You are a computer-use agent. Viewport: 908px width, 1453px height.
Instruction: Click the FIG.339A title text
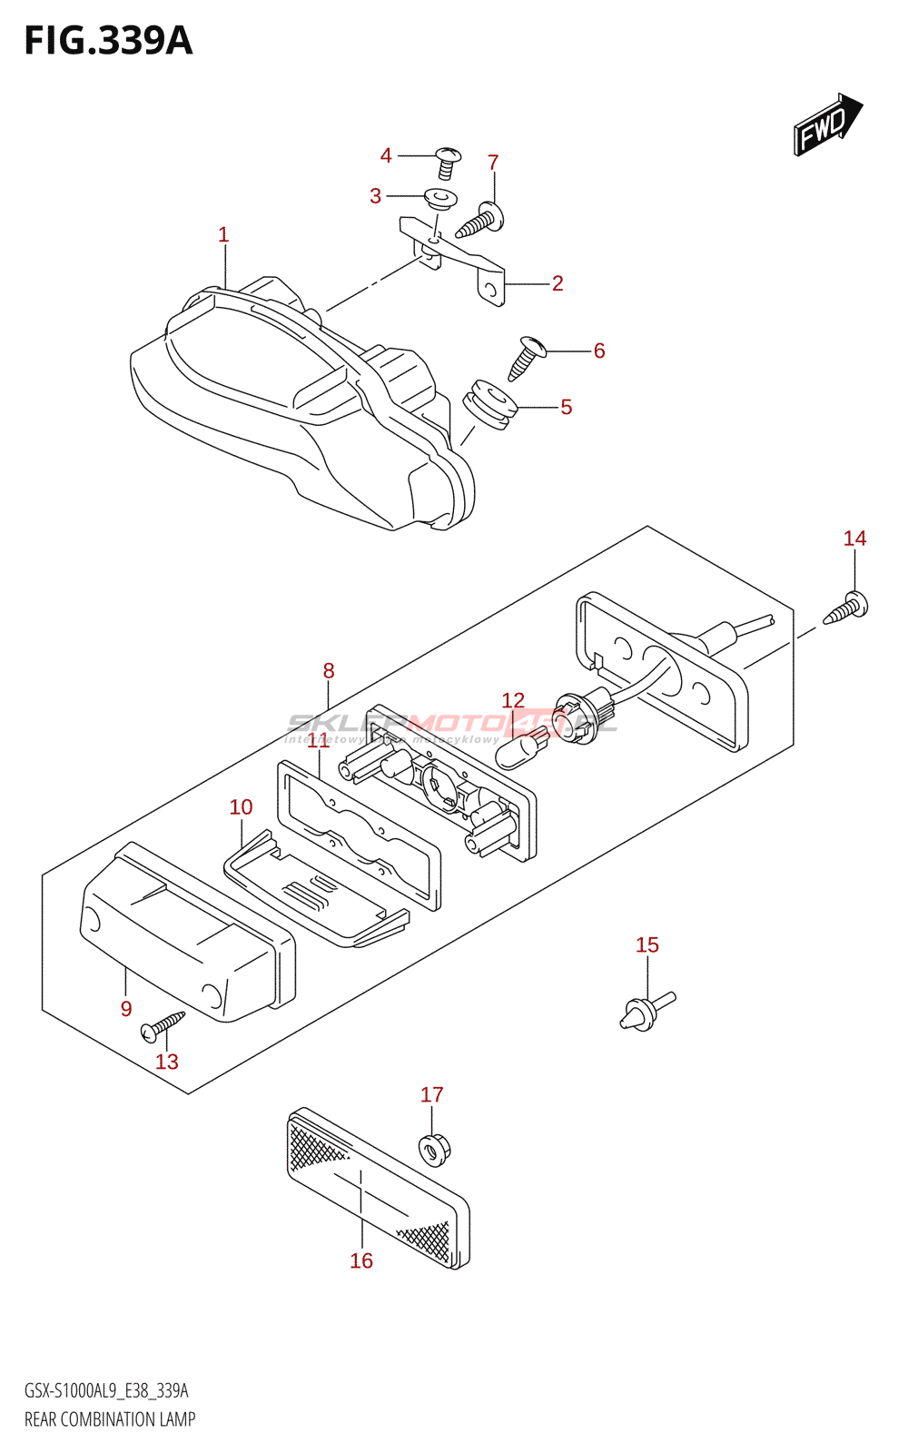point(108,42)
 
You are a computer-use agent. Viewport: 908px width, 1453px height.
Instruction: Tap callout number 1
point(223,235)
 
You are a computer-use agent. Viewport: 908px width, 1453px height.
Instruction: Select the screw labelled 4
point(448,163)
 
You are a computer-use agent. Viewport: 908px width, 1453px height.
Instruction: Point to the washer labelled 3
point(440,198)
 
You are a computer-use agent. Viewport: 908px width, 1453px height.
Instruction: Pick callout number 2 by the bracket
point(558,283)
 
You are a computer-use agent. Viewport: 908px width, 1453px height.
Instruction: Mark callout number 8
point(329,671)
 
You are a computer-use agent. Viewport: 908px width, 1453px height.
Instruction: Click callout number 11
point(318,741)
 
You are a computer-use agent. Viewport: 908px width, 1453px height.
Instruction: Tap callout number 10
point(241,807)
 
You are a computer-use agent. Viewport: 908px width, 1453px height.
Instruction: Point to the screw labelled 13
point(163,1025)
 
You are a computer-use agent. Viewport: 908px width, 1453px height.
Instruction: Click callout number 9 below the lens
point(126,1009)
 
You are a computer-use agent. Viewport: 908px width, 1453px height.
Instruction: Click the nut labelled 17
point(433,1150)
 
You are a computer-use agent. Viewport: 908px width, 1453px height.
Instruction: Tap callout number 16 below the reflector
point(361,1260)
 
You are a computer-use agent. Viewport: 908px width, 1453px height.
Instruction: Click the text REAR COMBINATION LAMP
point(110,1419)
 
